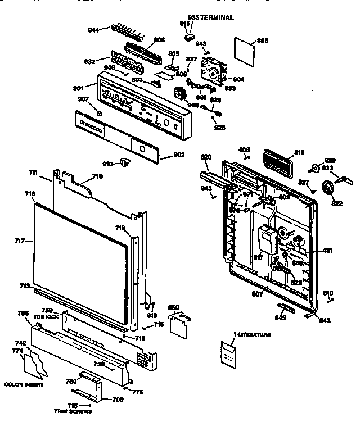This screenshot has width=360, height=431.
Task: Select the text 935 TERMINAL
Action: [x=210, y=17]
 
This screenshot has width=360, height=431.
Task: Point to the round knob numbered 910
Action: [x=125, y=162]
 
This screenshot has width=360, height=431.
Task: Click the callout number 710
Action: [x=97, y=176]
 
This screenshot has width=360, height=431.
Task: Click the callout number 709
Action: [x=118, y=400]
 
